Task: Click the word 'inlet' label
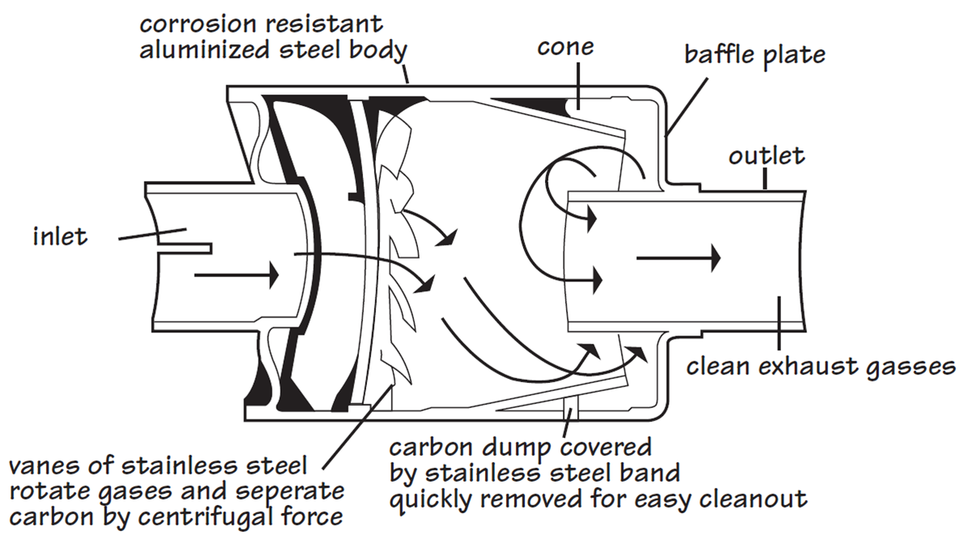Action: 60,237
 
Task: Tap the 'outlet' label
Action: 767,154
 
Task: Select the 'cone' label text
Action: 565,46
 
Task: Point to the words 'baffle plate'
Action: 755,54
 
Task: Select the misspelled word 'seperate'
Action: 285,491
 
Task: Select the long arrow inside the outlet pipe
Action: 678,259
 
